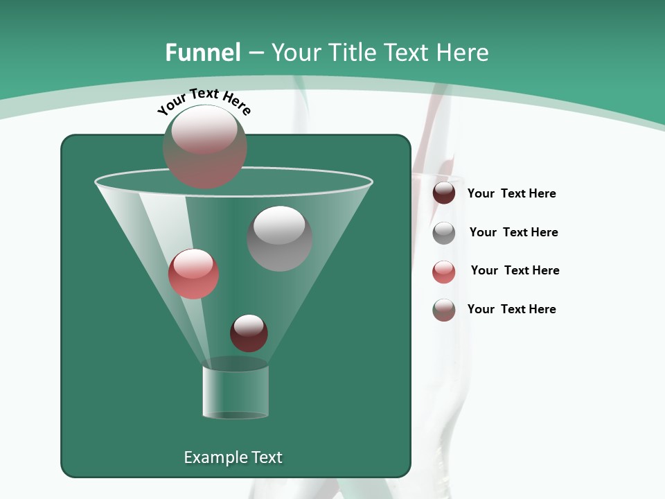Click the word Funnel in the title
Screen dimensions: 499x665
coord(202,53)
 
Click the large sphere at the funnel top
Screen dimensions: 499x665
coord(205,147)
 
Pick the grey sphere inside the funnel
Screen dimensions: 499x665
coord(280,238)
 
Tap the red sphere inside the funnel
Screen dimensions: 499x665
coord(193,274)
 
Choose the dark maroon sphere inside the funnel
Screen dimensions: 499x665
coord(249,333)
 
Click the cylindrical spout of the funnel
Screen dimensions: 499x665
coord(236,392)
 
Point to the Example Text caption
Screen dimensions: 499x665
coord(233,457)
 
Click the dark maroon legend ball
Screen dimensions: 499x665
coord(444,193)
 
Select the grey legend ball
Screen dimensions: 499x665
coord(444,233)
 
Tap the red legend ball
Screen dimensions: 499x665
coord(444,272)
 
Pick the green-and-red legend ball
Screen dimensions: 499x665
coord(444,310)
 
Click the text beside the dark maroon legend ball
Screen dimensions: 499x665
coord(511,194)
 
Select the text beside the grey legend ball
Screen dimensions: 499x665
coord(513,232)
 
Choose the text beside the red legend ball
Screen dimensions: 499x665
coord(515,270)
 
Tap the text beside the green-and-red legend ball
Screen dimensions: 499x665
coord(511,309)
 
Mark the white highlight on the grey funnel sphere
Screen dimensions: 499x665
coord(279,225)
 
